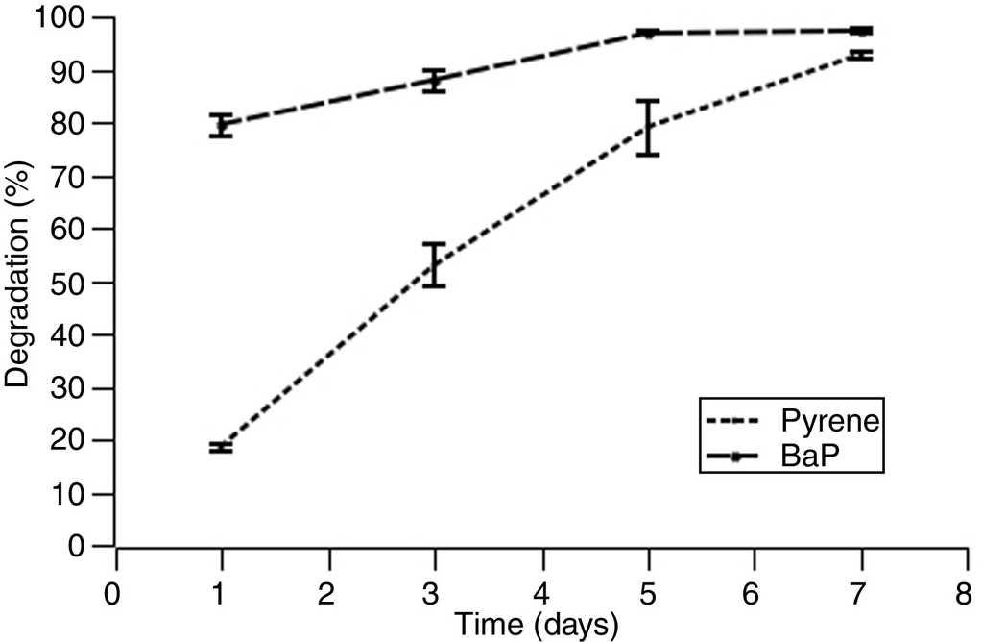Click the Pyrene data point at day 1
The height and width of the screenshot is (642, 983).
point(222,447)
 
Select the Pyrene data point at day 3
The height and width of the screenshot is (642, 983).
point(435,264)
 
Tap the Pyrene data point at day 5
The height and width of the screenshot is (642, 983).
point(649,127)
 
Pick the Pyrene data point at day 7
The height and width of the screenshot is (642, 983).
point(862,56)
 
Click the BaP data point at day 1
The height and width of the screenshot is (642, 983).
point(222,125)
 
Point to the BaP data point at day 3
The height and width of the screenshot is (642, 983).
point(435,82)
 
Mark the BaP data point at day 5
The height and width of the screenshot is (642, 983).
point(649,33)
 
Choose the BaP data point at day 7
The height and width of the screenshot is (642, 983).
point(862,31)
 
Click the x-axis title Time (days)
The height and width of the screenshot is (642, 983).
point(536,625)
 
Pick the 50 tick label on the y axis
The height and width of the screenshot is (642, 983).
point(73,283)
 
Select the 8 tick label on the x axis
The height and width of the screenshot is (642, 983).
point(969,592)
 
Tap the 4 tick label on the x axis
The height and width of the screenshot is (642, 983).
point(542,592)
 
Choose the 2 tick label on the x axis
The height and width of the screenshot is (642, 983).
point(329,592)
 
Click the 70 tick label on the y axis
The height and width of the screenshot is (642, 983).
point(73,177)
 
